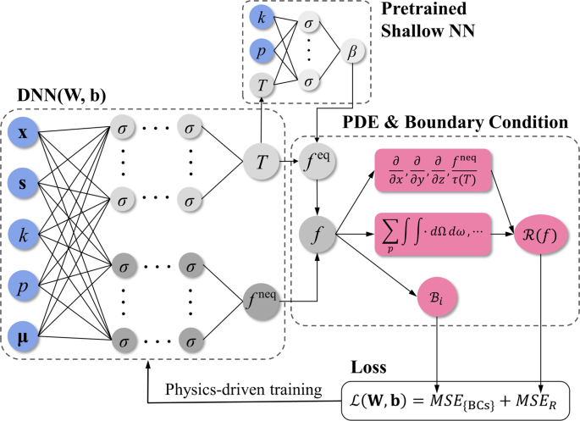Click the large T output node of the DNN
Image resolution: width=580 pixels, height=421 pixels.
point(262,158)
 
